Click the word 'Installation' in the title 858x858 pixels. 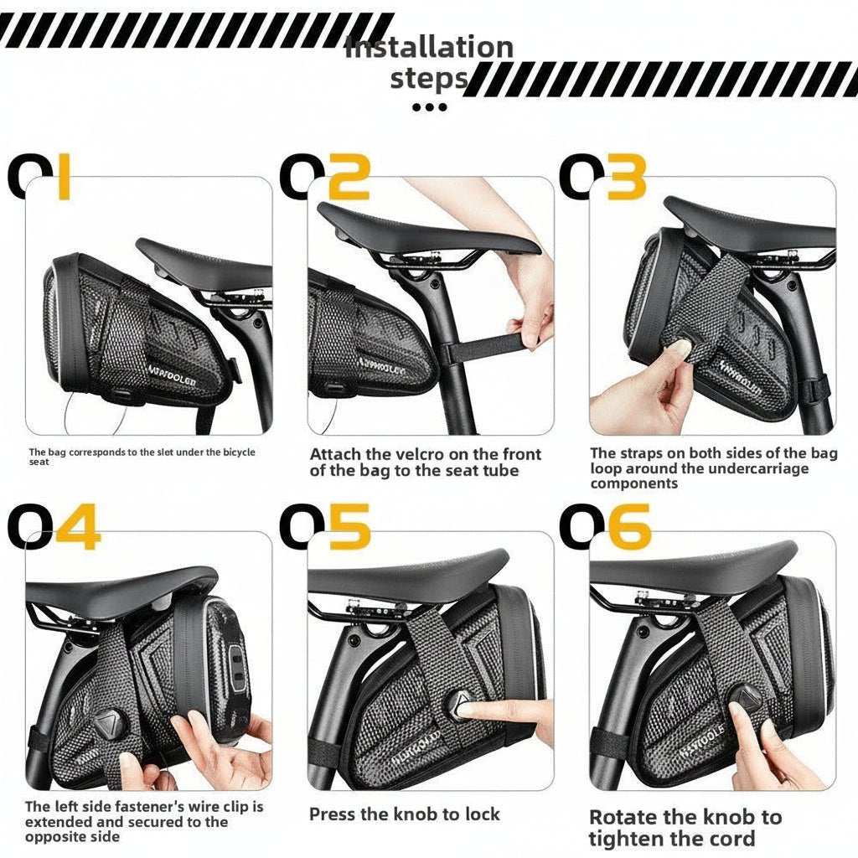coord(429,48)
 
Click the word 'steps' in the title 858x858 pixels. coord(428,79)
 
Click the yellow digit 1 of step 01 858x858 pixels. coord(64,178)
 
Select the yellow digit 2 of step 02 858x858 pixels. coord(348,178)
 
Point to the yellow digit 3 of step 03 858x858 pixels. coord(626,178)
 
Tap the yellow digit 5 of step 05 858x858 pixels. coord(349,527)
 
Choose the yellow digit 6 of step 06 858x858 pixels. coord(629,527)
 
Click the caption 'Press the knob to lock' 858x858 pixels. coord(404,814)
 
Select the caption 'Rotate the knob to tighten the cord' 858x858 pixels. coord(685,827)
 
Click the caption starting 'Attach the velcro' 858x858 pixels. coord(425,462)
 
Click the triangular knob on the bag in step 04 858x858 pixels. coord(108,723)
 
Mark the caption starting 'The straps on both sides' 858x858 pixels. coord(712,468)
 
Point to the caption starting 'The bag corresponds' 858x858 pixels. coord(142,456)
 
